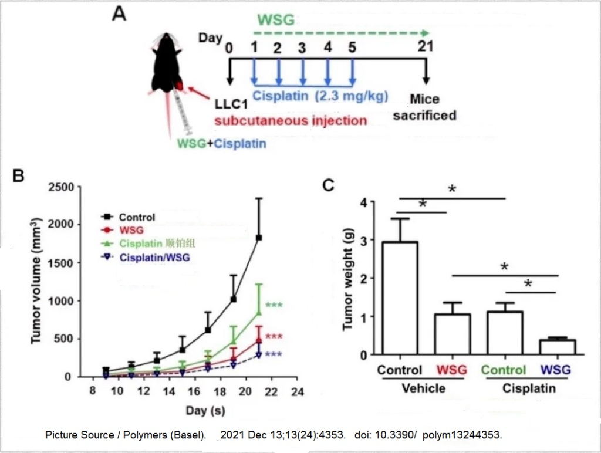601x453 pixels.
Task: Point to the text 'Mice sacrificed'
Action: [424, 107]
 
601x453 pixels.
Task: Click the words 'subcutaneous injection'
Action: [291, 121]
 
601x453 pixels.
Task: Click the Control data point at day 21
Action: [259, 238]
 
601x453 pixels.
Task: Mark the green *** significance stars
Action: [274, 306]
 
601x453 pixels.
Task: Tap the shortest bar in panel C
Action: [557, 347]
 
